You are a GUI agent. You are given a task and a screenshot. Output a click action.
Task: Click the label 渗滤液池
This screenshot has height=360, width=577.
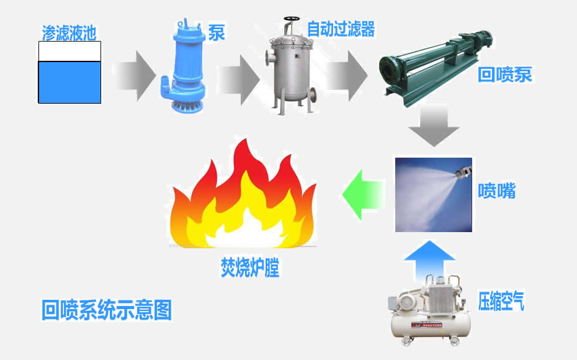pos(69,33)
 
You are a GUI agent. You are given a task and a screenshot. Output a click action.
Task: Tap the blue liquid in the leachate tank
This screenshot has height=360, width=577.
pos(69,82)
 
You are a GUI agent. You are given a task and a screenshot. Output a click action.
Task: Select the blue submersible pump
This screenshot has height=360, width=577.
pos(183,66)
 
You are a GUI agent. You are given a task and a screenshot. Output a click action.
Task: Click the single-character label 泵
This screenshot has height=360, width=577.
pos(217,32)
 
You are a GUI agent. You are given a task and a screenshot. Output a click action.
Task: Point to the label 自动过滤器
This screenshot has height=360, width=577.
pos(341,29)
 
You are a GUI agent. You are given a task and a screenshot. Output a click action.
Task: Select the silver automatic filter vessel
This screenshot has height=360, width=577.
pos(291,66)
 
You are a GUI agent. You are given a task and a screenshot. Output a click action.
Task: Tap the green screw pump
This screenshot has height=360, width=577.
pos(436,66)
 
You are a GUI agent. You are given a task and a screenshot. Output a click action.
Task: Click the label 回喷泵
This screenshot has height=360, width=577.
pos(504,74)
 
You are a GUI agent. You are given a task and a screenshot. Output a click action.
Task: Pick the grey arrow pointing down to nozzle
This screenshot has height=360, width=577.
pos(434,126)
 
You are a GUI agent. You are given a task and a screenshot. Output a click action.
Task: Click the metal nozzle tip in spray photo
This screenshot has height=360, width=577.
pos(462,171)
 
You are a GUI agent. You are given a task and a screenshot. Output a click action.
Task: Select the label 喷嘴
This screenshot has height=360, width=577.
pos(496,191)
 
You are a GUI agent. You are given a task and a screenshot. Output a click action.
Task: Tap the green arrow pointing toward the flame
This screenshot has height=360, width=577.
pos(363,195)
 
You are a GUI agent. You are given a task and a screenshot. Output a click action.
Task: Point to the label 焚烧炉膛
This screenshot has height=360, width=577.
pos(250,268)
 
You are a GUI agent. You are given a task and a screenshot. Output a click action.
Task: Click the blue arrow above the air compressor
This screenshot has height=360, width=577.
pos(429,259)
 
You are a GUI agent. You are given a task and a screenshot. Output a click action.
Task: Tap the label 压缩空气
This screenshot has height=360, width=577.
pos(501,301)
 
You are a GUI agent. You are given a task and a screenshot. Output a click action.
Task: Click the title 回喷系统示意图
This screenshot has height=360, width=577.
pos(106,310)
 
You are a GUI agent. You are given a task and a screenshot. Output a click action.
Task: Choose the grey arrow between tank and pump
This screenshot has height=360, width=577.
pos(136,76)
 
